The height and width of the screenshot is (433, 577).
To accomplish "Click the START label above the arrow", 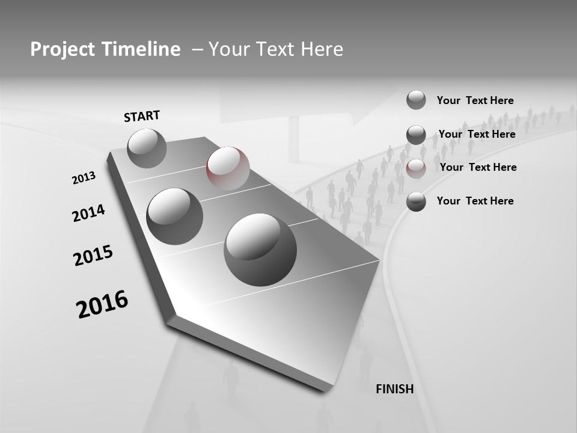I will click(142, 116).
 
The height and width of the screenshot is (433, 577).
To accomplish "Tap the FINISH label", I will click(394, 389).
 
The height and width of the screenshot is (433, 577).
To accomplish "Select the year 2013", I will click(84, 178).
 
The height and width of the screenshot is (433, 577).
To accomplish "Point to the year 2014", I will click(88, 213).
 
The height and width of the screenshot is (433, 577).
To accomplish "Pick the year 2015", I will click(93, 256).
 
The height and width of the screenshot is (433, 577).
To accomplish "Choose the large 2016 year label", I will click(102, 304).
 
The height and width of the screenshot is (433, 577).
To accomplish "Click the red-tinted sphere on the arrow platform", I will click(228, 168).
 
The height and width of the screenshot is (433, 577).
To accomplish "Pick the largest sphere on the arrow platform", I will click(260, 250).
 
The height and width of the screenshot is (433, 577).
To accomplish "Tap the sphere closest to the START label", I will click(147, 148).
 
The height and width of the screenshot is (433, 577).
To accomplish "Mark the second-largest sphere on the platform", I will click(174, 216).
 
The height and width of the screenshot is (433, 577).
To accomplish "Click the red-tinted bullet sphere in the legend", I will click(416, 169).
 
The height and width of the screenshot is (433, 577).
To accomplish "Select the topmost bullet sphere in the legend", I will click(416, 100).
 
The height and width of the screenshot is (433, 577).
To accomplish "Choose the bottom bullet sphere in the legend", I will click(416, 202).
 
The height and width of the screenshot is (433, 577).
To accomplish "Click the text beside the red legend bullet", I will click(478, 167).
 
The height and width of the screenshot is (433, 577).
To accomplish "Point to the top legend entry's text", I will click(475, 100).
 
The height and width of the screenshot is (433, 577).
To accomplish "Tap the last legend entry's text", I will click(475, 201).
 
